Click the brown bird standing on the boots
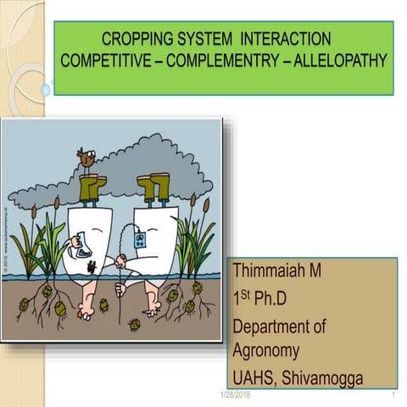85,158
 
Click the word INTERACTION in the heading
285,39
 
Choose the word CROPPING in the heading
137,39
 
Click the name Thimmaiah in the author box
270,271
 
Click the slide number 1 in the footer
394,395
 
